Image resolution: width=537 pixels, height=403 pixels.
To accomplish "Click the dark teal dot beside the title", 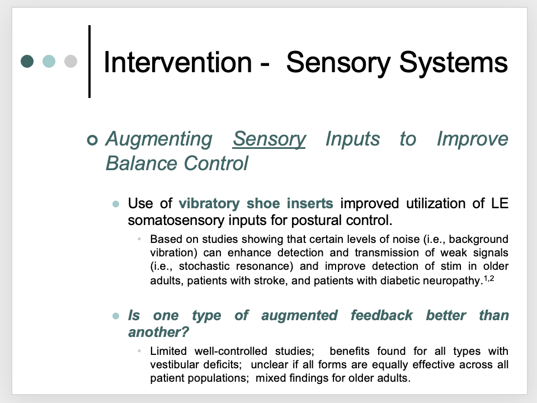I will point(27,61).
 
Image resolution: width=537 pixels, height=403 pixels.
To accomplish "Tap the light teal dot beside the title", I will point(49,61).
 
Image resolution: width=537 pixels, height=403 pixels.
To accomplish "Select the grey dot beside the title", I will point(70,61).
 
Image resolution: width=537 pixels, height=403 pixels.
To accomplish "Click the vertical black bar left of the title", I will point(89,61).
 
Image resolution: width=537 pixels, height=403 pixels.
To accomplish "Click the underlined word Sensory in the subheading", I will point(269,139).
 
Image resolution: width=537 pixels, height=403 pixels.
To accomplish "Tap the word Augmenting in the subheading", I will point(158,139).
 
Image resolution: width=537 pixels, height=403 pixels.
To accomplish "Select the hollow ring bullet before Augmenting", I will point(92,139).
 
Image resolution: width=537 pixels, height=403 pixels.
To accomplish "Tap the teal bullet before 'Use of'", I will point(116,204).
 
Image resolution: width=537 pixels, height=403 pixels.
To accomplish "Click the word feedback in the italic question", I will point(381,315).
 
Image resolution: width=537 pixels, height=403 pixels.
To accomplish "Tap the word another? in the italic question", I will point(158,332).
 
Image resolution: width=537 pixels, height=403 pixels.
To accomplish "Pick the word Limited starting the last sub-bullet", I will point(168,352).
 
